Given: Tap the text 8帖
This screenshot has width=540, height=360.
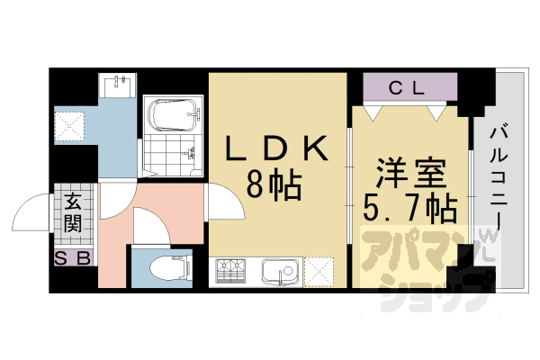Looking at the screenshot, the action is coord(274,187).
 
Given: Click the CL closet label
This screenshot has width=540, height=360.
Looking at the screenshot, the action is coord(410,88).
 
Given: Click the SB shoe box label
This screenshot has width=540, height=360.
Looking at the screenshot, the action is coord(73,259).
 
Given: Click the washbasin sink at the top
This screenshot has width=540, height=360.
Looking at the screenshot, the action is coord(119,85).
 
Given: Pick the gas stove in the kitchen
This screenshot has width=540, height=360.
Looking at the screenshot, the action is coord(232,271).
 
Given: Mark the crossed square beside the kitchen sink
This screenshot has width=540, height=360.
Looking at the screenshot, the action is coord(319,271).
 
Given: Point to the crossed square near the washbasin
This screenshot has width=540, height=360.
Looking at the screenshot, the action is coord(70,125).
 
